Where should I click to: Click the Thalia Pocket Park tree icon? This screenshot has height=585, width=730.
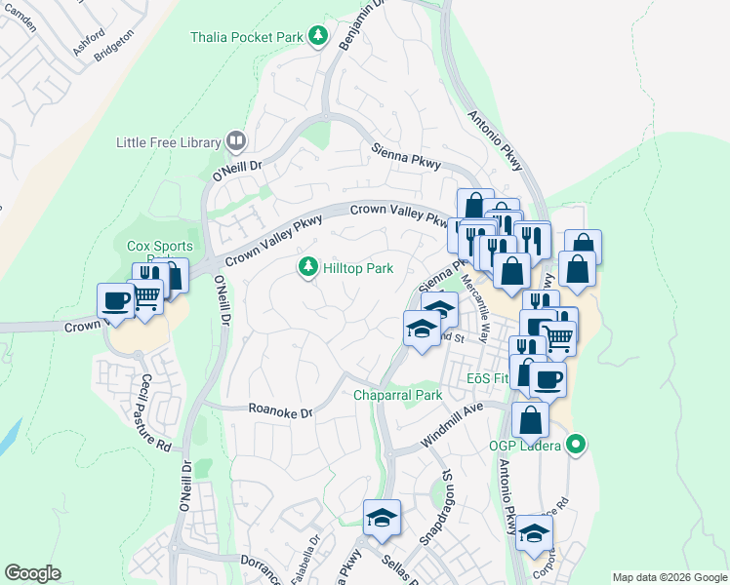317,37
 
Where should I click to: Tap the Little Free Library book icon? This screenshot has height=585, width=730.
235,142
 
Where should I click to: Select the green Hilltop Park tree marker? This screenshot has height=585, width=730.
308,266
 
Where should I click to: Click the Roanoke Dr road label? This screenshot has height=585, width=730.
279,411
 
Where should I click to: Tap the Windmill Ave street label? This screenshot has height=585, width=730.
452,429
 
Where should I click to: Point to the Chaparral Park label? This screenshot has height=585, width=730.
398,395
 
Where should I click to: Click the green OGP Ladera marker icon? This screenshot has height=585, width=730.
576,446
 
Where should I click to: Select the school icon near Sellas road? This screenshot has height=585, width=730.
383,516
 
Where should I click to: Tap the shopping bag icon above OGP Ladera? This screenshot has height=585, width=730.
530,419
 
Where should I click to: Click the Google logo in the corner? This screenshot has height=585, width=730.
32,572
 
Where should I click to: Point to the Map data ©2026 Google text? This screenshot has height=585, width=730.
669,577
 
